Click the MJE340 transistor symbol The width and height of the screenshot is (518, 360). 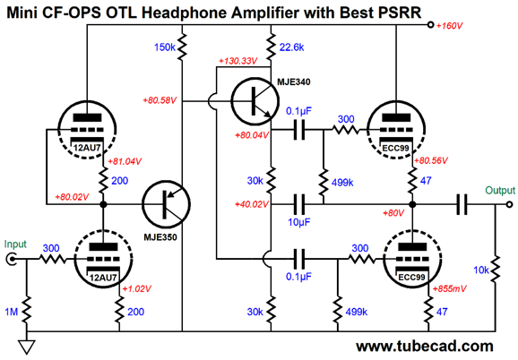pos(255,101)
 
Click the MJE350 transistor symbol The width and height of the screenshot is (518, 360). pos(166,204)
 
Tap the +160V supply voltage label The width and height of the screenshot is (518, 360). pos(449,26)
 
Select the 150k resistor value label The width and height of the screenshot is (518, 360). pos(165,47)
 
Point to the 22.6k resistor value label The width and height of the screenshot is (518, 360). pos(291,47)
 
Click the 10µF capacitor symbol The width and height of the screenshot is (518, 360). pos(299,204)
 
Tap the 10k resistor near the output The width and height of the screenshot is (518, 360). pos(495,270)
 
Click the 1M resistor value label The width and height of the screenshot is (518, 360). pos(12,312)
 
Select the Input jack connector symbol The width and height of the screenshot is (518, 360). pos(11,259)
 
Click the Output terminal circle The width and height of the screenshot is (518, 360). pos(509,204)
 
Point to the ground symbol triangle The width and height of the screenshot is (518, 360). pos(26,347)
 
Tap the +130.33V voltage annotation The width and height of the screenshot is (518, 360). pos(237,62)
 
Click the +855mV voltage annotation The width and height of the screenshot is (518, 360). pos(449,288)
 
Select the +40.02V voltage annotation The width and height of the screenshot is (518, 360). pos(252,204)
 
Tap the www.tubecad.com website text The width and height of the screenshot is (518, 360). pos(425,347)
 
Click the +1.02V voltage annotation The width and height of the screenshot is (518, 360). pos(137,288)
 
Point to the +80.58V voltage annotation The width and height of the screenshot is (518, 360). pos(160,100)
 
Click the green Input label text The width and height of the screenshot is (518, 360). pos(15,244)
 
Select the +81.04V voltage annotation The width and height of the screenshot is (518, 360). pos(125,161)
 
